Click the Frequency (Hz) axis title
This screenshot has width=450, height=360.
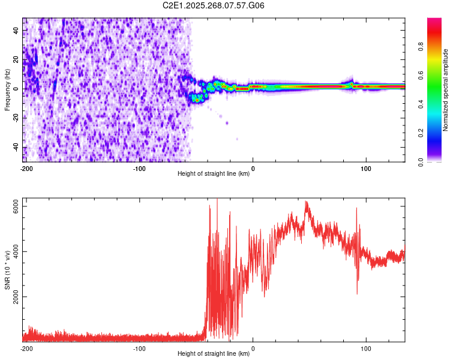[x=7, y=90]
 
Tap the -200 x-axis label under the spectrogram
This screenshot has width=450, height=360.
[x=26, y=168]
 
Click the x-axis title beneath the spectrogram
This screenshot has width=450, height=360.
[x=214, y=174]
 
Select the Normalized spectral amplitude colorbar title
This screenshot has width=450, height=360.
[x=446, y=90]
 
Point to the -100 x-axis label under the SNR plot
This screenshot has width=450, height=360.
[x=140, y=348]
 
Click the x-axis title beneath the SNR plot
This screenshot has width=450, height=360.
[x=214, y=354]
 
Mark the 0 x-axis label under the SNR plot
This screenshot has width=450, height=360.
[x=253, y=348]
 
